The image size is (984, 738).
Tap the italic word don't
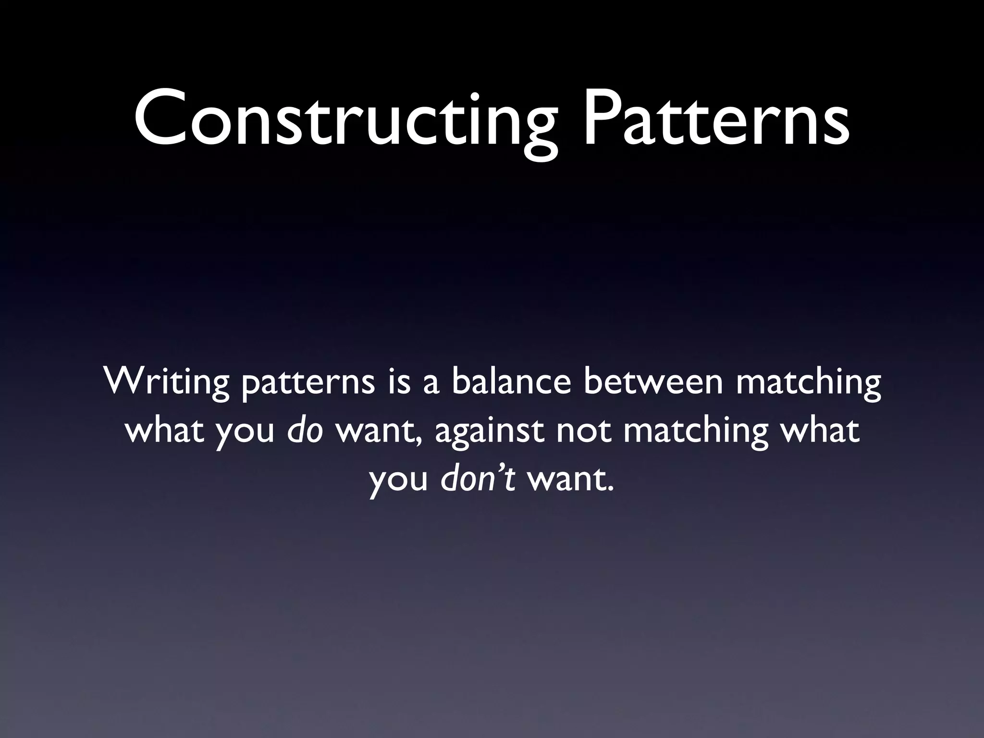[478, 479]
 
